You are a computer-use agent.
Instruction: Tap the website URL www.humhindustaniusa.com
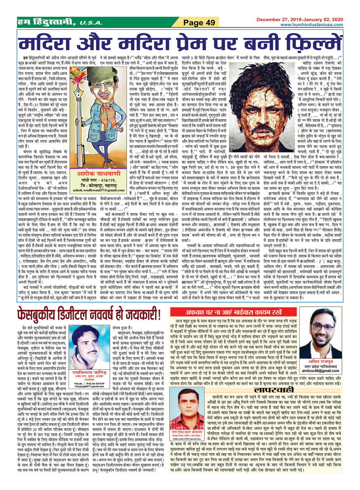click(311, 24)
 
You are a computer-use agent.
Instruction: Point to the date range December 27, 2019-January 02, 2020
click(299, 19)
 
